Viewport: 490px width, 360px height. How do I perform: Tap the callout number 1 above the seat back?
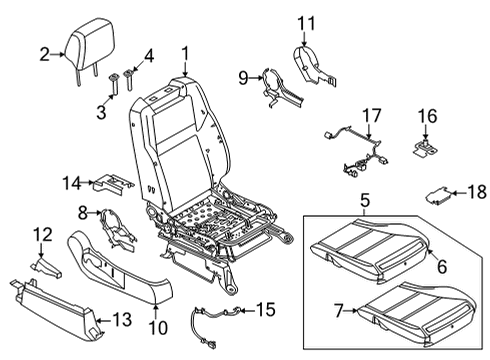[185, 54]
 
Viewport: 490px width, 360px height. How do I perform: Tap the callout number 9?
[242, 76]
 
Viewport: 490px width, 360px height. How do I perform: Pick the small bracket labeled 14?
[113, 183]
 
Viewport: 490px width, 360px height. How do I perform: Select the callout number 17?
[371, 116]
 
